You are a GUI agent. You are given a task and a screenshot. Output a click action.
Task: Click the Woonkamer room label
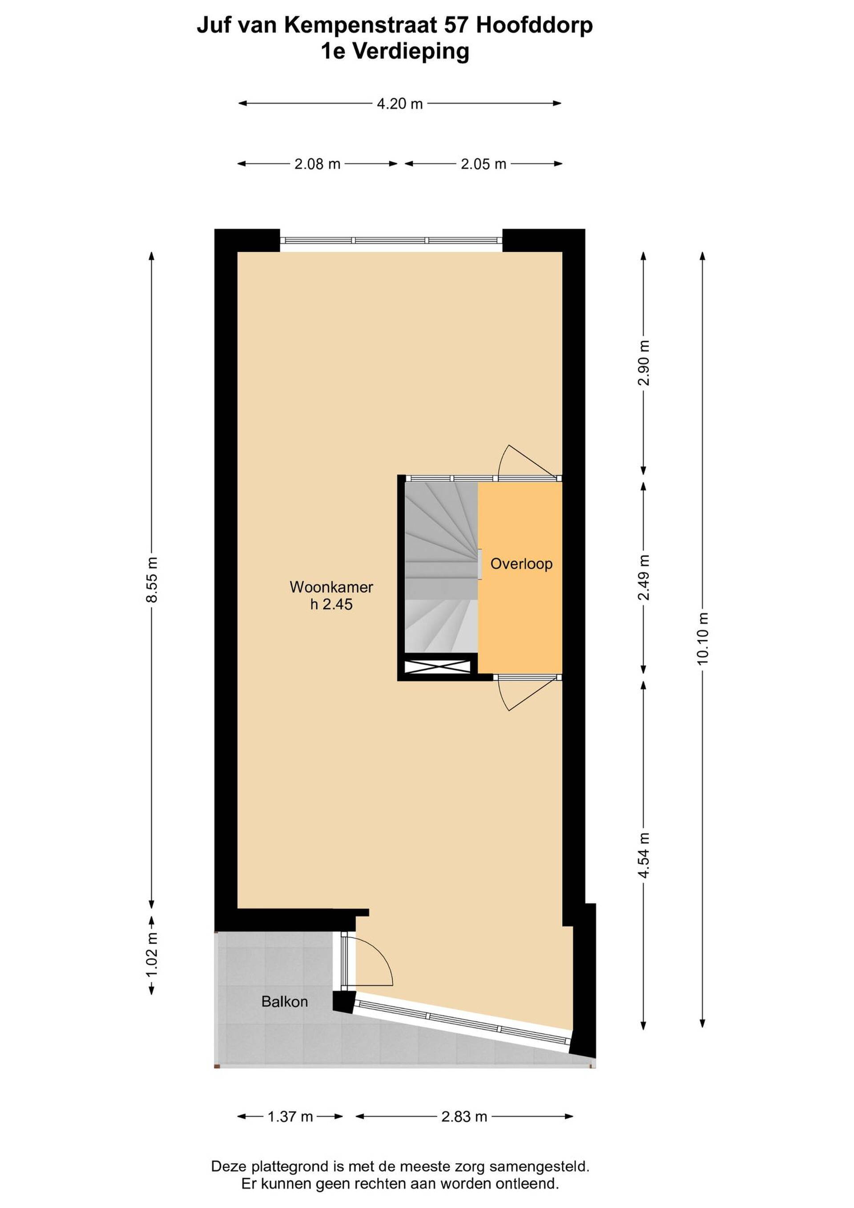pos(331,586)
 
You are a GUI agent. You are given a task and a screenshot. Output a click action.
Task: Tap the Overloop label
pos(521,564)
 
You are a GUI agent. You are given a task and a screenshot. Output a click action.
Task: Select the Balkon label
pos(285,1001)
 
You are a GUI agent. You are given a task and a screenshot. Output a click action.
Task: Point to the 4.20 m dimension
pos(400,104)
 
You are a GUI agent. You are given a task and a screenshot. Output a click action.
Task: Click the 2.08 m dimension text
pos(317,164)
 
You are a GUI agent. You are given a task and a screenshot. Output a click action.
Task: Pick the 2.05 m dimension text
pos(483,164)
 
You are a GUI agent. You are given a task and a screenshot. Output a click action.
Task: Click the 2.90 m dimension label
pos(644,363)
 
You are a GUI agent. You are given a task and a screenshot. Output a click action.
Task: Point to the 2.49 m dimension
pos(644,577)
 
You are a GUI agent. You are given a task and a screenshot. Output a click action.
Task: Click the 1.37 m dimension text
pos(290,1116)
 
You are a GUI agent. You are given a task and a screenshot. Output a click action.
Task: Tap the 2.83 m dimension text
pos(464,1116)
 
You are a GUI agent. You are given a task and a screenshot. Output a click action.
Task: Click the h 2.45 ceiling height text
pos(331,604)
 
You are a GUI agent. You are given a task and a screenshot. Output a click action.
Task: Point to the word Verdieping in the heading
pos(410,52)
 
